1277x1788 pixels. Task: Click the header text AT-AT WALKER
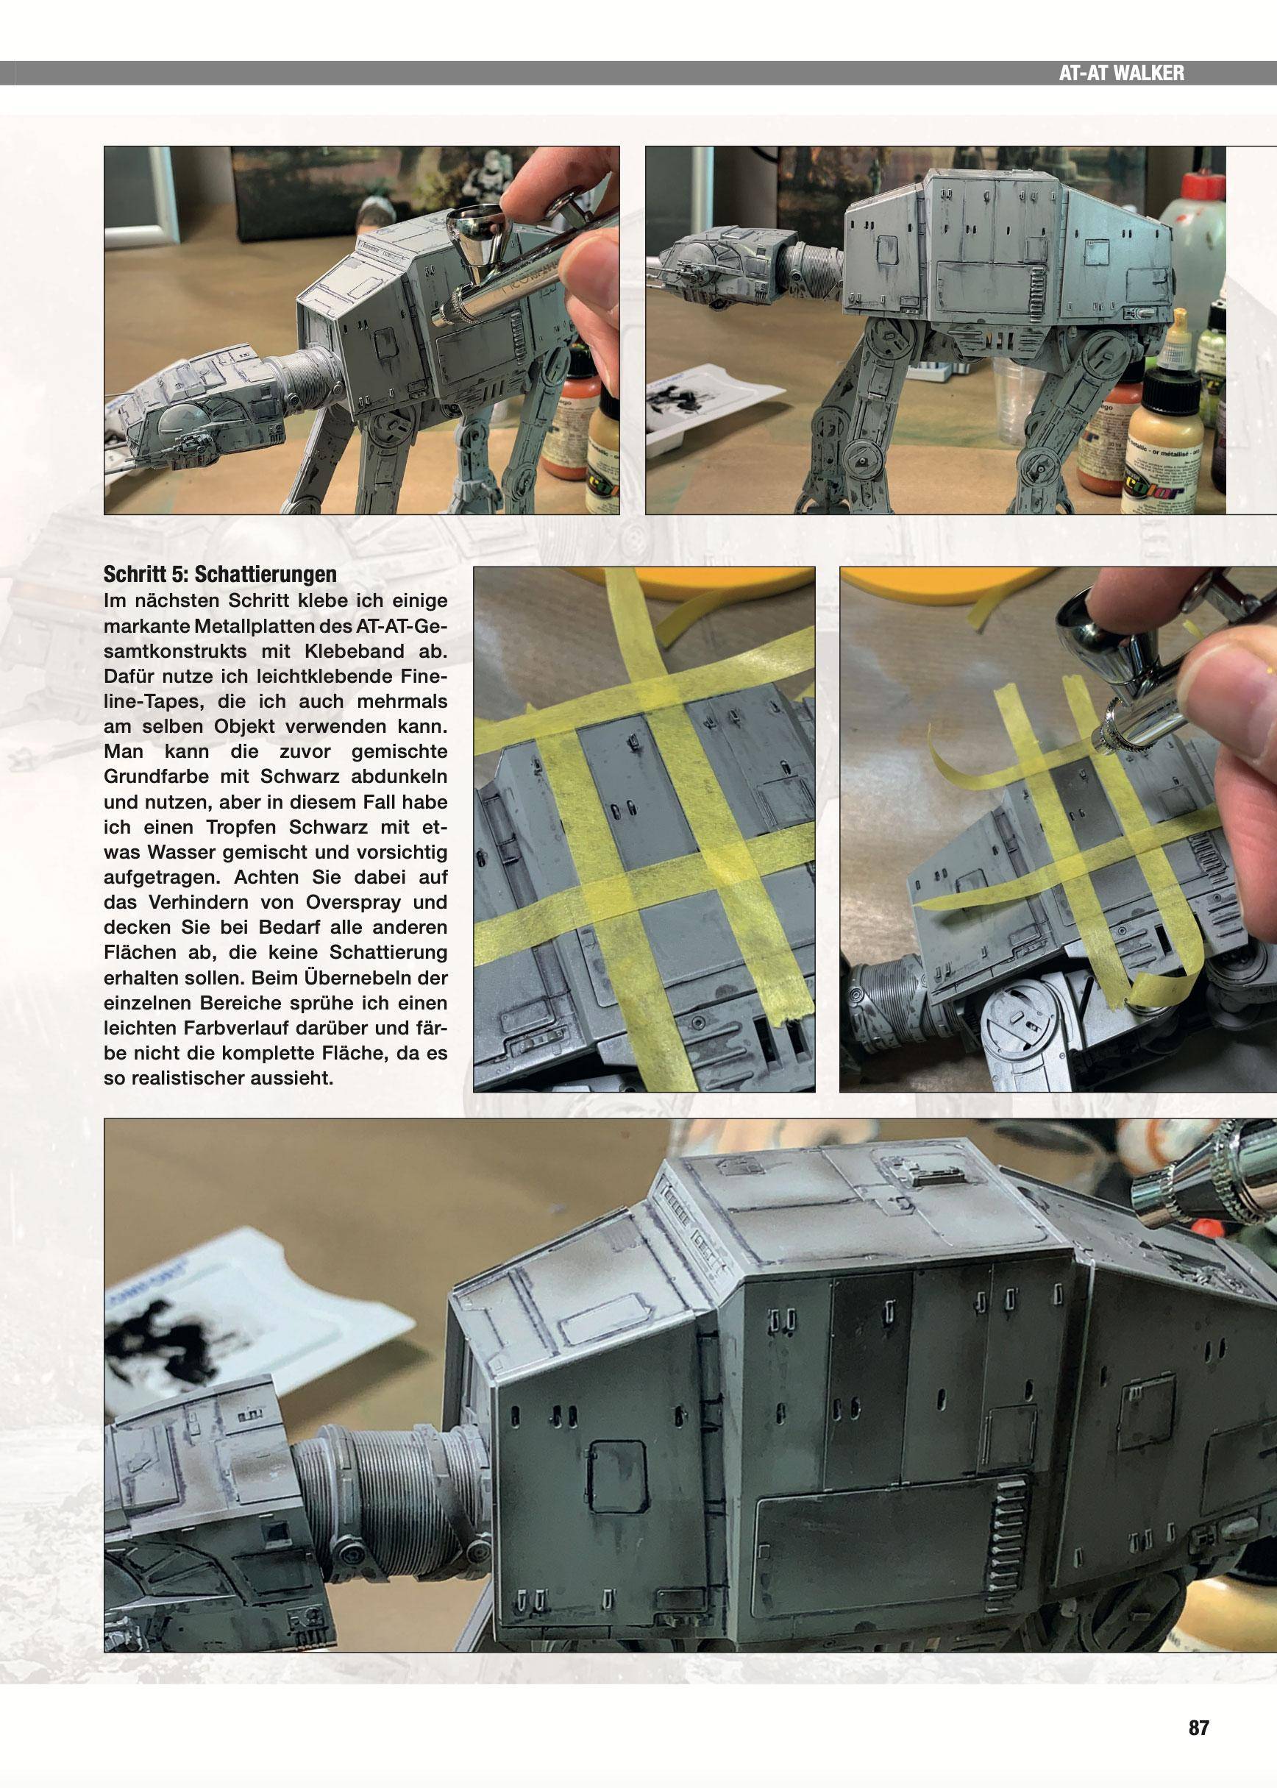click(1121, 73)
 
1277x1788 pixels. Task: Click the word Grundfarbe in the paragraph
click(156, 776)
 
